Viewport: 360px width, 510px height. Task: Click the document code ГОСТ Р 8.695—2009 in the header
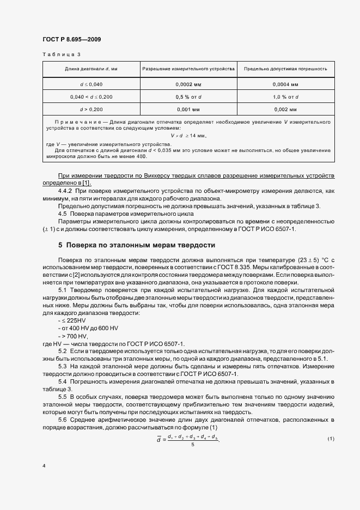(x=71, y=40)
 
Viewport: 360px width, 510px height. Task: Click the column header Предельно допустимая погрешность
(x=285, y=69)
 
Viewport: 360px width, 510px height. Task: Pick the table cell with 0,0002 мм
(x=188, y=84)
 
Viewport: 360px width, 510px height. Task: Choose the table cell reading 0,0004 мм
(x=285, y=84)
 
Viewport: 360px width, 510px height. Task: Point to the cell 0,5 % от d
(x=188, y=96)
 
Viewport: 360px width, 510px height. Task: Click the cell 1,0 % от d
(x=285, y=96)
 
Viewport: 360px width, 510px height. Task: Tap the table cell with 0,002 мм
(x=285, y=109)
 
